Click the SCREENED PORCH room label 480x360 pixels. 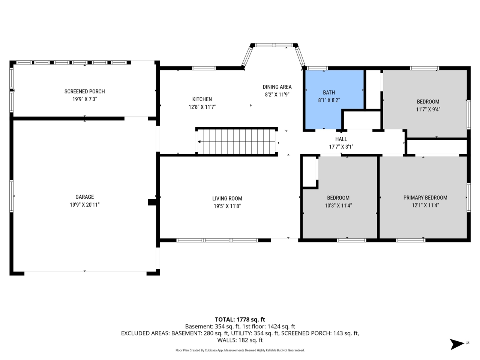pos(84,91)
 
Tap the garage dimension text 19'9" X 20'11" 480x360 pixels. pos(84,205)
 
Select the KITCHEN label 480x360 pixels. pos(202,99)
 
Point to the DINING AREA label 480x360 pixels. pos(277,87)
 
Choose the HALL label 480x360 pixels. pos(341,139)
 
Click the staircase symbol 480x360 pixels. pos(237,142)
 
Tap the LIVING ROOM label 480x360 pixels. pos(227,199)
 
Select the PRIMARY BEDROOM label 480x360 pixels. pos(425,198)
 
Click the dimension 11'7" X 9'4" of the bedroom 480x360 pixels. pos(428,109)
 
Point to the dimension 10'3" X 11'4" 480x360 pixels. pos(338,205)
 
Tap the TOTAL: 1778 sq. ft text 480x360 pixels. pos(240,319)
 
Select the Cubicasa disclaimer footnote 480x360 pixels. pos(240,350)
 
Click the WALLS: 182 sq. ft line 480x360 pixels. pos(240,340)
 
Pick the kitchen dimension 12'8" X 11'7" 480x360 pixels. pos(202,107)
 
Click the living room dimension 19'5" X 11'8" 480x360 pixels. pos(227,206)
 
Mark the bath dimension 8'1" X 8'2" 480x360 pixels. pos(329,100)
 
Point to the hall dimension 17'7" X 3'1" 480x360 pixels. pos(341,147)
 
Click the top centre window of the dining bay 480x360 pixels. pos(275,45)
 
